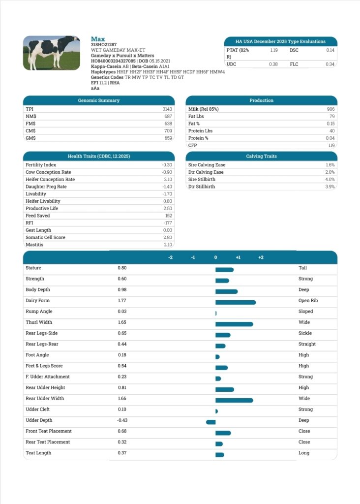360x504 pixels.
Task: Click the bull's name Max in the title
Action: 98,39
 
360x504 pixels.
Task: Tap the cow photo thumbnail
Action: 51,53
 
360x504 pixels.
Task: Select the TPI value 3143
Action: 167,109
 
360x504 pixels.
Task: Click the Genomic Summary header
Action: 98,100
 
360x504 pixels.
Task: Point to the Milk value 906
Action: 330,109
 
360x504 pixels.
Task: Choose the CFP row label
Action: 192,145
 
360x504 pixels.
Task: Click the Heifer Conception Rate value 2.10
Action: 168,179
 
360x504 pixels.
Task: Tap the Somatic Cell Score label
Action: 45,237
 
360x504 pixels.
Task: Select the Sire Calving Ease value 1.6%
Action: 330,164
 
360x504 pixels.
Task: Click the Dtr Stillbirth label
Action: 201,187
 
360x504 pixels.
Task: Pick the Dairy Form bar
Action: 236,303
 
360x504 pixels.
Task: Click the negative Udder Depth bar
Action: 210,422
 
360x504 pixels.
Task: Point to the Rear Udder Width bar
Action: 234,400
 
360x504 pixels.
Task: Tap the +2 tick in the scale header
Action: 261,257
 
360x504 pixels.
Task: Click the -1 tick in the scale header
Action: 193,257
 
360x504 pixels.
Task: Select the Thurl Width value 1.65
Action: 122,322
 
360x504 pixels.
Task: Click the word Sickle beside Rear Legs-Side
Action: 305,333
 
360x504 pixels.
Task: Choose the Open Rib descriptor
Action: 308,301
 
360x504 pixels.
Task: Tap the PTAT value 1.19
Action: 273,50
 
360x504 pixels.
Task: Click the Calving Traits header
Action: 262,156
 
